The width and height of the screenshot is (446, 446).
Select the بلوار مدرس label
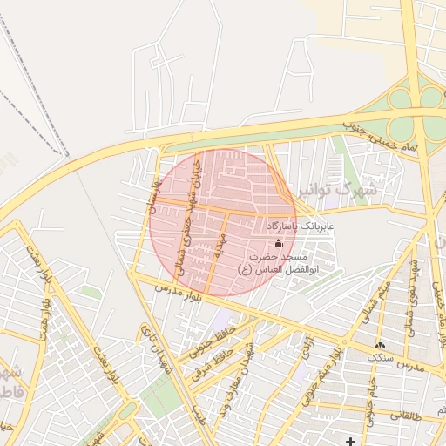[179, 294]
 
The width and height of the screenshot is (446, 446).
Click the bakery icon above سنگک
[380, 346]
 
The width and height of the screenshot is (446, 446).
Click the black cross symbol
[350, 440]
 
